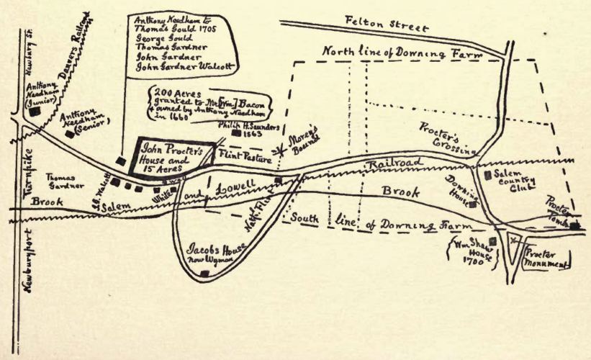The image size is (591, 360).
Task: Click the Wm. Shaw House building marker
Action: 494,242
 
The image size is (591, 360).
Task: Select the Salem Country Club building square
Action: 489,174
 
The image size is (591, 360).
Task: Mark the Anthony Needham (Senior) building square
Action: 69,133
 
